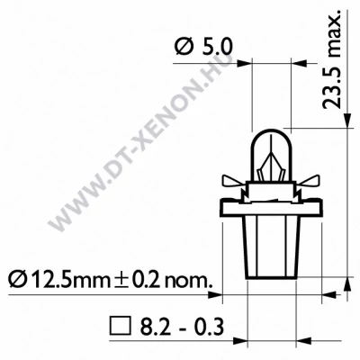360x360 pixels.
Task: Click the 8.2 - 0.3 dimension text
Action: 171,321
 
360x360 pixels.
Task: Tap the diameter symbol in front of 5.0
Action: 177,45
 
